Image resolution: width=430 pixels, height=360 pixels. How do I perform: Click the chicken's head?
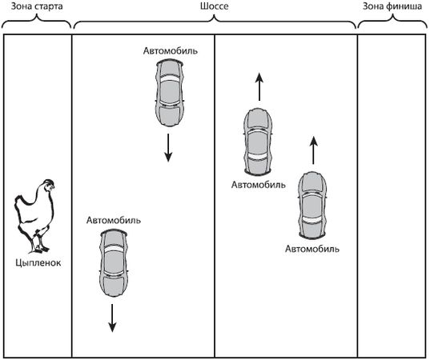[49, 186]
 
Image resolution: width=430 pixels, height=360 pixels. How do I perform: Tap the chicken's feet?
[39, 248]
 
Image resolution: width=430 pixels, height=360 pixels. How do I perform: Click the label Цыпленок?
[38, 262]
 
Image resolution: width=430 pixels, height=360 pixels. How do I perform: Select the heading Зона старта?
[37, 6]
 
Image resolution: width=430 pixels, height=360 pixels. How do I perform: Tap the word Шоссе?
[214, 6]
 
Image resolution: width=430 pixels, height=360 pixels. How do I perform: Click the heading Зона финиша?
[392, 6]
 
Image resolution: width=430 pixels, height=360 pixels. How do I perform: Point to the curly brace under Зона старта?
[37, 22]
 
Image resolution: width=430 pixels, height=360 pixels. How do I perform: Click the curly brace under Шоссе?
[215, 22]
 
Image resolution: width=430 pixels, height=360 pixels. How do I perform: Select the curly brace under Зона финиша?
[392, 22]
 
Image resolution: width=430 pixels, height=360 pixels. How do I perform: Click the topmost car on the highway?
[169, 93]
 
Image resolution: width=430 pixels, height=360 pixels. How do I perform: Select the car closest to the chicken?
[114, 263]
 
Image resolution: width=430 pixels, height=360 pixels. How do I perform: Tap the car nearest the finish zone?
[312, 206]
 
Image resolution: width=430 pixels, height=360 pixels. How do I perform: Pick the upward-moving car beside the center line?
[258, 142]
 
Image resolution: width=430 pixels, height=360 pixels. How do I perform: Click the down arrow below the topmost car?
[168, 147]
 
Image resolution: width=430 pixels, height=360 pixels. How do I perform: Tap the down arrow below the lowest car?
[112, 318]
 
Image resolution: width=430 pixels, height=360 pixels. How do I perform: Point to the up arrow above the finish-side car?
[314, 150]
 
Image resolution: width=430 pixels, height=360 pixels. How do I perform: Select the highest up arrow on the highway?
[259, 86]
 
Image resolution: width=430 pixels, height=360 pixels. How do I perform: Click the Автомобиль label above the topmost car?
[171, 51]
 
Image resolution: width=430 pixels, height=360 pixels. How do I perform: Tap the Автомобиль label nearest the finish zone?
[312, 249]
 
